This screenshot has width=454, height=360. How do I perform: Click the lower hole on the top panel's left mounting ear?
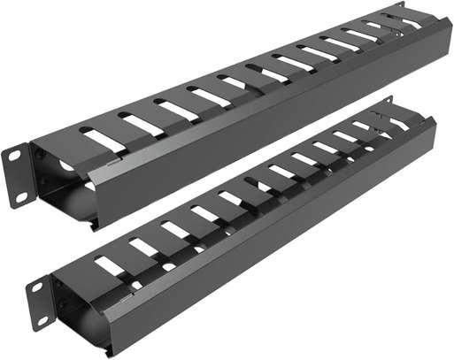pos(20,197)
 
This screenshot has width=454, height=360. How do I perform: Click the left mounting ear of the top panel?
pos(19,177)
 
